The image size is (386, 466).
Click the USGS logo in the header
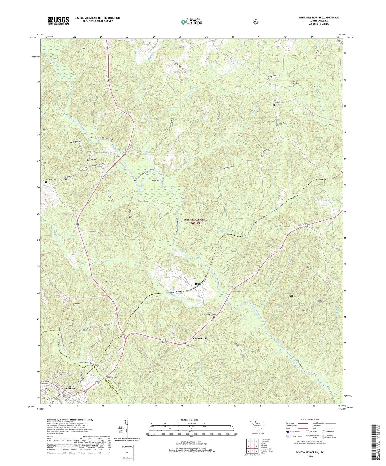pyautogui.click(x=58, y=20)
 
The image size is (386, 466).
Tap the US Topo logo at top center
pyautogui.click(x=191, y=22)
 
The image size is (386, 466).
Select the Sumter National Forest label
pyautogui.click(x=195, y=221)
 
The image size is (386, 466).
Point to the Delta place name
pyautogui.click(x=198, y=284)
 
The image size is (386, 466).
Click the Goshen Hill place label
pyautogui.click(x=200, y=338)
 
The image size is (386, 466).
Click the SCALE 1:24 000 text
pyautogui.click(x=189, y=420)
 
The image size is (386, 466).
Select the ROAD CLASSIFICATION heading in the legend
pyautogui.click(x=310, y=420)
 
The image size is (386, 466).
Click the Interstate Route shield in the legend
pyautogui.click(x=287, y=432)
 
